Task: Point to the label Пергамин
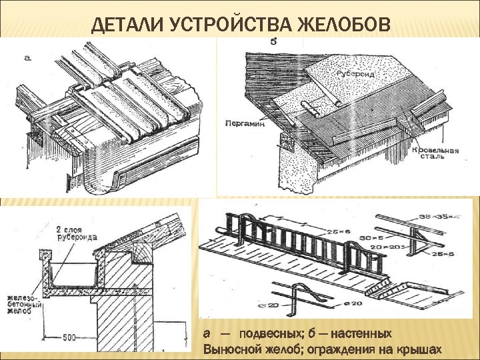pyautogui.click(x=245, y=124)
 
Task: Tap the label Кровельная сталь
pyautogui.click(x=437, y=155)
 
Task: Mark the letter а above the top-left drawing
pyautogui.click(x=27, y=57)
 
